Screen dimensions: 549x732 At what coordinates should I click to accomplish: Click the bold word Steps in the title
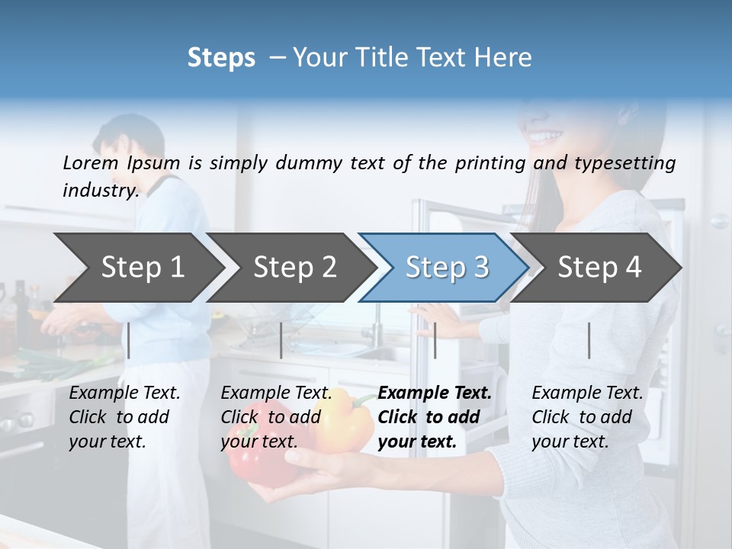point(221,58)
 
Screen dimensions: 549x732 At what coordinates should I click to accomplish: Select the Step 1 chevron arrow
point(137,268)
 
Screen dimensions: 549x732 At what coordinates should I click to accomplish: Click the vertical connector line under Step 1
point(129,340)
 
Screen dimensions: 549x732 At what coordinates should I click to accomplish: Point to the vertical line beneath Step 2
point(281,340)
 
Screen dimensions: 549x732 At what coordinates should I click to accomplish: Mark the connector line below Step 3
point(435,340)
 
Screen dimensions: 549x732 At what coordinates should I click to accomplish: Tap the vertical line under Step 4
point(589,340)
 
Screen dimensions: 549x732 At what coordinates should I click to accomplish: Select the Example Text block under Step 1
point(124,417)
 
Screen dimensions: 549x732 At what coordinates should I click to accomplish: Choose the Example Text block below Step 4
point(587,417)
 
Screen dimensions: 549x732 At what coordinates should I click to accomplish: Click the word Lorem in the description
point(90,162)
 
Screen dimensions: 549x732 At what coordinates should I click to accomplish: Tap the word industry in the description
point(99,191)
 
